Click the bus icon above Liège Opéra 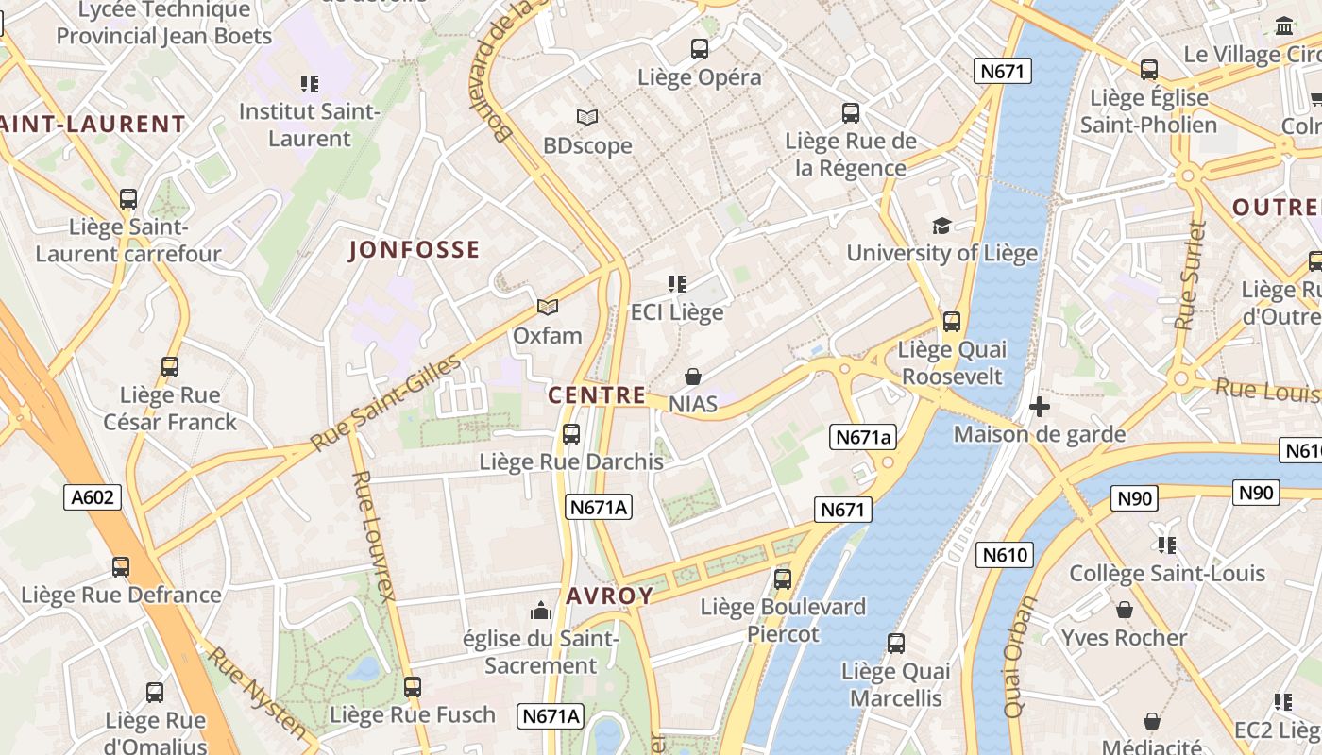coord(699,49)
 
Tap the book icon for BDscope coord(587,118)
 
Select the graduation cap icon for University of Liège coord(941,226)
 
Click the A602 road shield coord(93,497)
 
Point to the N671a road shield coord(863,437)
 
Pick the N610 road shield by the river coord(1004,555)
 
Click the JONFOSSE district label coord(415,250)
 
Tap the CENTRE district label coord(597,395)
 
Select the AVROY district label coord(609,596)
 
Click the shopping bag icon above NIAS coord(693,377)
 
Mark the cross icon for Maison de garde coord(1039,408)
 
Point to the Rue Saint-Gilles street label coord(387,403)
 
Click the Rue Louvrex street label coord(372,535)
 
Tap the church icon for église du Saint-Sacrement coord(541,611)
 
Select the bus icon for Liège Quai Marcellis coord(895,644)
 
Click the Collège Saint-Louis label coord(1166,573)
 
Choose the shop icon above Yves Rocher coord(1124,610)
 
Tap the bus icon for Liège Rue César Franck coord(170,367)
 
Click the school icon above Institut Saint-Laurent coord(309,84)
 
